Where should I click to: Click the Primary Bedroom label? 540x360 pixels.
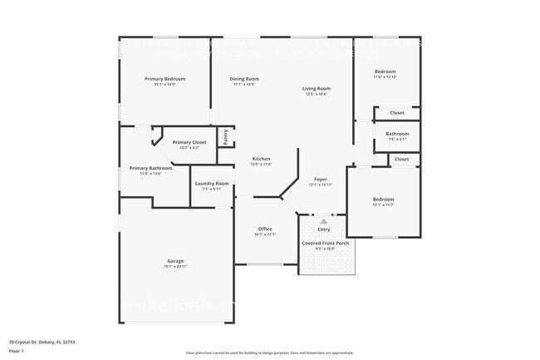pyautogui.click(x=164, y=79)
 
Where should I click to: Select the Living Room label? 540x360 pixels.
pyautogui.click(x=316, y=89)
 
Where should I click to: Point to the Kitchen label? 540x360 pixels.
pyautogui.click(x=261, y=159)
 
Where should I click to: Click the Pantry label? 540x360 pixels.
pyautogui.click(x=225, y=136)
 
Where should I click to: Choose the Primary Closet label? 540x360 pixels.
pyautogui.click(x=189, y=142)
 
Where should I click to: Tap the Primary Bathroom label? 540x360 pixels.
pyautogui.click(x=150, y=168)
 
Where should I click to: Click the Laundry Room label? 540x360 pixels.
pyautogui.click(x=210, y=184)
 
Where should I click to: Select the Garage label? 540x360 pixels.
pyautogui.click(x=175, y=261)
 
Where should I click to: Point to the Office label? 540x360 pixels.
pyautogui.click(x=265, y=229)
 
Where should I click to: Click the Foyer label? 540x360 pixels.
pyautogui.click(x=320, y=180)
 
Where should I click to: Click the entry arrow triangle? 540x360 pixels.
pyautogui.click(x=323, y=221)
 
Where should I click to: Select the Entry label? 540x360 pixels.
pyautogui.click(x=324, y=229)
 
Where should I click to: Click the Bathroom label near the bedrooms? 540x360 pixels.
pyautogui.click(x=397, y=134)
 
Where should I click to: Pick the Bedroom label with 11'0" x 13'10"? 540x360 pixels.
pyautogui.click(x=385, y=72)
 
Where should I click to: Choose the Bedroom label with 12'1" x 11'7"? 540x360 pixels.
pyautogui.click(x=383, y=200)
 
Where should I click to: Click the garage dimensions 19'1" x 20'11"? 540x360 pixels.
pyautogui.click(x=175, y=266)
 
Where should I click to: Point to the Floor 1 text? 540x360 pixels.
pyautogui.click(x=17, y=352)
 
